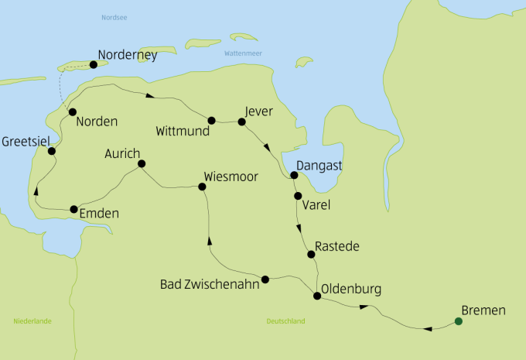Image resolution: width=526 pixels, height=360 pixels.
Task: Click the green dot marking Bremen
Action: (x=458, y=321)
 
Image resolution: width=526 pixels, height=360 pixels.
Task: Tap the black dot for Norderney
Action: (x=94, y=64)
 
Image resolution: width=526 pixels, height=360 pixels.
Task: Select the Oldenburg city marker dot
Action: (x=316, y=296)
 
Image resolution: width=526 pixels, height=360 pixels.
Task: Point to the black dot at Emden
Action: (x=74, y=209)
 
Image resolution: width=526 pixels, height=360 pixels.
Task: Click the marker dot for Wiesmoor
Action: (x=203, y=187)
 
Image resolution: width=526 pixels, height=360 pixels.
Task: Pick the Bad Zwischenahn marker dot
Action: (x=265, y=279)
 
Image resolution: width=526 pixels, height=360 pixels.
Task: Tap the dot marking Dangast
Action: (x=294, y=175)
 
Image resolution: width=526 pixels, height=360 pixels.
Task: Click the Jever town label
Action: (x=258, y=111)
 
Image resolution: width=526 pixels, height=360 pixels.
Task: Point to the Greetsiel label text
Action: (x=27, y=142)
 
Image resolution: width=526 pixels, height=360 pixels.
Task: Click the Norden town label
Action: (x=97, y=122)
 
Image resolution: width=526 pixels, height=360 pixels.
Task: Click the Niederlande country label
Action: (x=32, y=321)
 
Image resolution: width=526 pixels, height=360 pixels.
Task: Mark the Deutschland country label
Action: (x=285, y=321)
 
